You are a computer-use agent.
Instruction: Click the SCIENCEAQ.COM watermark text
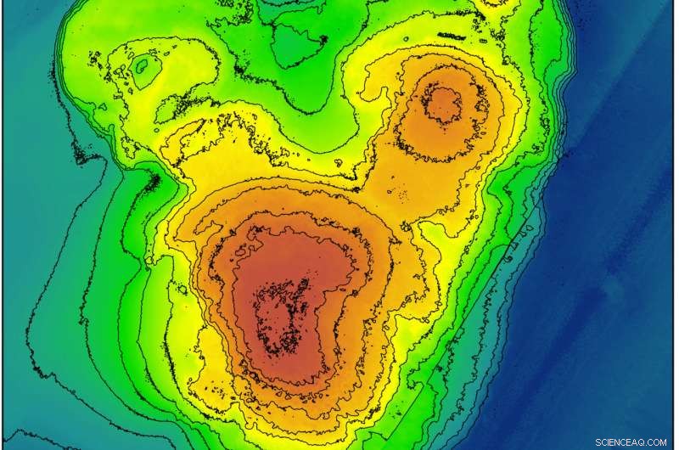pyautogui.click(x=631, y=442)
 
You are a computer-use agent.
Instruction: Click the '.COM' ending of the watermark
pyautogui.click(x=654, y=442)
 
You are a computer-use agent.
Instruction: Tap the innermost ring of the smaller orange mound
pyautogui.click(x=443, y=104)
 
